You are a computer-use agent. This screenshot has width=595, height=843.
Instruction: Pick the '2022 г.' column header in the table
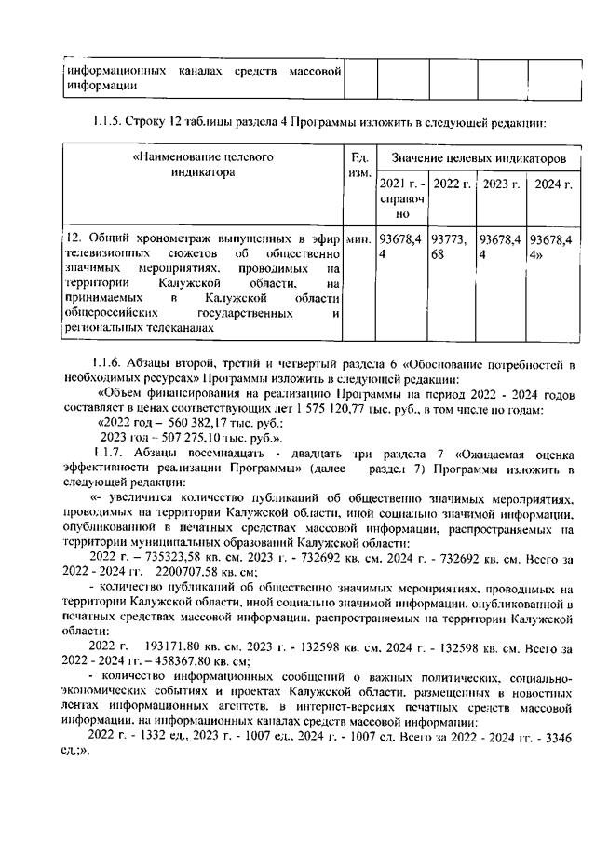pyautogui.click(x=452, y=184)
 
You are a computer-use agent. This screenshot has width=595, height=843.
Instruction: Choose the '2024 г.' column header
pyautogui.click(x=553, y=184)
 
